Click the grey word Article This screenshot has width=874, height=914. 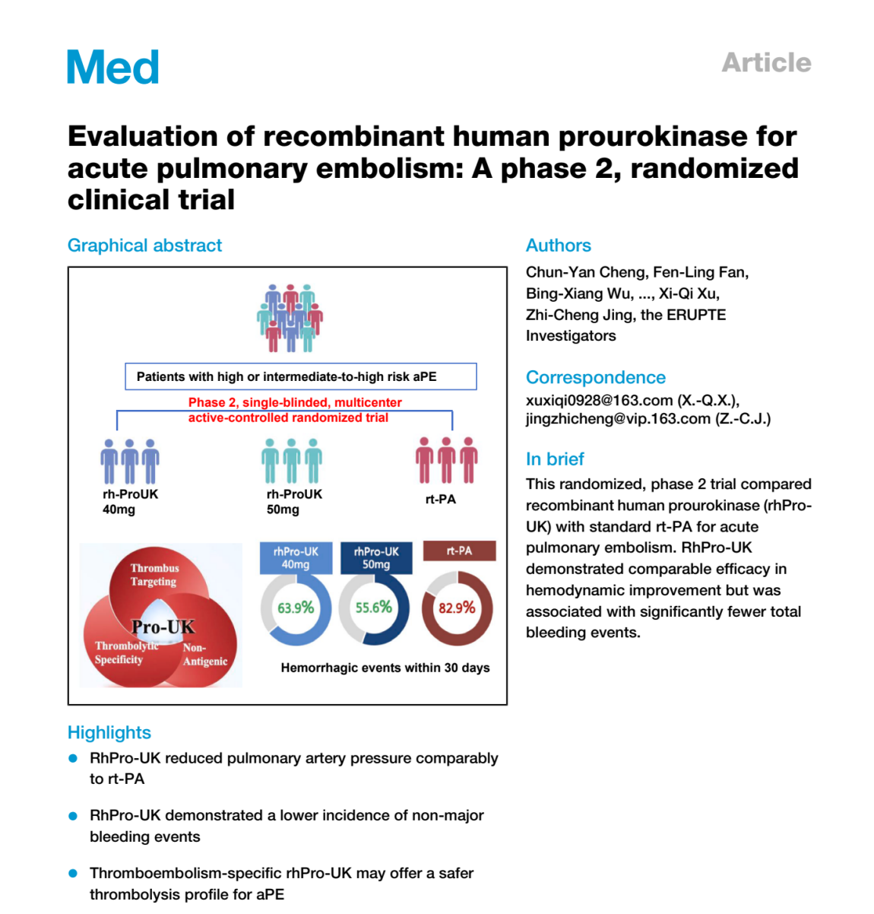click(x=766, y=62)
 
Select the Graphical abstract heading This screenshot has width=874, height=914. click(x=144, y=246)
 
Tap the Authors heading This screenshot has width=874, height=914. click(x=558, y=246)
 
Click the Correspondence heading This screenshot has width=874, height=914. click(x=595, y=377)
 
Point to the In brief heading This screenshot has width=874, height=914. click(x=555, y=459)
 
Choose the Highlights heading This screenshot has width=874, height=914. click(x=109, y=732)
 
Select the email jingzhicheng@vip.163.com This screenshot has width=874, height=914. click(x=618, y=418)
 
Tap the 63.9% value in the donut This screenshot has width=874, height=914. click(x=296, y=608)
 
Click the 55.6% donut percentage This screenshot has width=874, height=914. click(x=374, y=608)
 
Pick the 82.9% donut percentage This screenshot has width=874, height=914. click(x=457, y=608)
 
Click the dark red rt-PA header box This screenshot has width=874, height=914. click(x=459, y=551)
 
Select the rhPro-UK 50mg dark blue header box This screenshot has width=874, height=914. click(x=376, y=558)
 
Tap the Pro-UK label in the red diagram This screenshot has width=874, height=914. click(x=163, y=627)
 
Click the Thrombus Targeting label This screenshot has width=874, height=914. click(x=154, y=575)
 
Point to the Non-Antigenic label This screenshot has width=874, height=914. click(x=204, y=655)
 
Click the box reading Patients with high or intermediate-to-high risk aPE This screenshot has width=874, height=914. click(x=301, y=376)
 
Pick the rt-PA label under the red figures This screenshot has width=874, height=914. click(x=441, y=500)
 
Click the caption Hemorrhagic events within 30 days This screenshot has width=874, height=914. click(x=385, y=668)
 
